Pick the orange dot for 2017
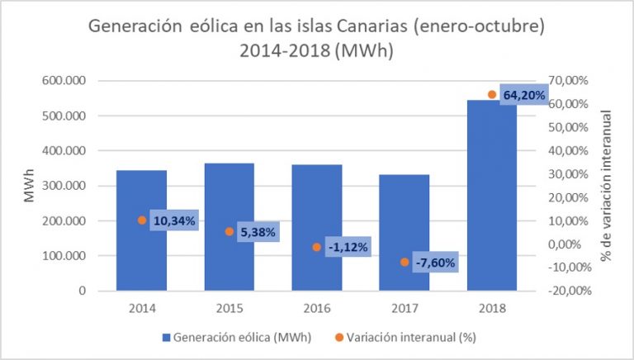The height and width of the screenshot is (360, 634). [x=405, y=262]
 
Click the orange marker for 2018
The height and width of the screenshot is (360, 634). [x=492, y=94]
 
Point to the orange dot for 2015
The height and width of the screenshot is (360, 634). [x=229, y=231]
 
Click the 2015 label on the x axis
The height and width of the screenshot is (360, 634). [x=229, y=308]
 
